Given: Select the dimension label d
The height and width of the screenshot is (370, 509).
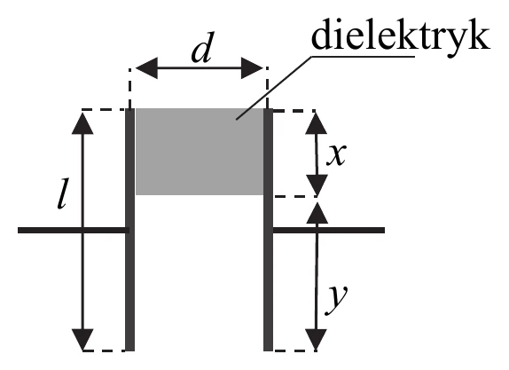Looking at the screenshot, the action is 203,47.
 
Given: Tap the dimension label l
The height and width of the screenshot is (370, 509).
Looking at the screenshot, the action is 62,193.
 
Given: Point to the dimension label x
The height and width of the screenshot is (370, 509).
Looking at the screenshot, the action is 336,154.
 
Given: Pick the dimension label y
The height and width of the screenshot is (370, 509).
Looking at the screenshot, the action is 336,299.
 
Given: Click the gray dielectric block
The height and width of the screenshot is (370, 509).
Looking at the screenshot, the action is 200,152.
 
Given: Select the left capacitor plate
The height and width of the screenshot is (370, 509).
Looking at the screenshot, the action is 129,230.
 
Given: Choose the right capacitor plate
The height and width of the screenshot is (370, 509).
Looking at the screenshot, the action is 268,230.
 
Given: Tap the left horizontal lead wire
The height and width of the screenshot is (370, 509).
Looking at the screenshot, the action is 74,231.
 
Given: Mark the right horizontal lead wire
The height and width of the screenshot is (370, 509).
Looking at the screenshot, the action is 328,231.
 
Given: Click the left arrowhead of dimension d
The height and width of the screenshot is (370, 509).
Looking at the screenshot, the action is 146,68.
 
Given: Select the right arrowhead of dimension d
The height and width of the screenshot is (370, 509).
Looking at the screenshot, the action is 252,68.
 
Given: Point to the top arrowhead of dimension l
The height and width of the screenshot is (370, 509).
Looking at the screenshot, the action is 82,123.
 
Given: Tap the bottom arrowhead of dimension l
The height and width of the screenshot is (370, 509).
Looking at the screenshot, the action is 82,340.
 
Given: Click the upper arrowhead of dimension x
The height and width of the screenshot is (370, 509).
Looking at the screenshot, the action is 317,123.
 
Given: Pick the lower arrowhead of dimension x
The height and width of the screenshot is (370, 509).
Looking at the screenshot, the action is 317,185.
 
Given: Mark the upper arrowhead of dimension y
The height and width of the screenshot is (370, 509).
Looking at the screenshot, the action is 317,213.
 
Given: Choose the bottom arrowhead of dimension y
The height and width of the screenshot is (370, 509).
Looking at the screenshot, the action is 316,340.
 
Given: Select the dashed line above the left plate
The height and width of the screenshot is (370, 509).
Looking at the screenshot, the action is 129,89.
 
